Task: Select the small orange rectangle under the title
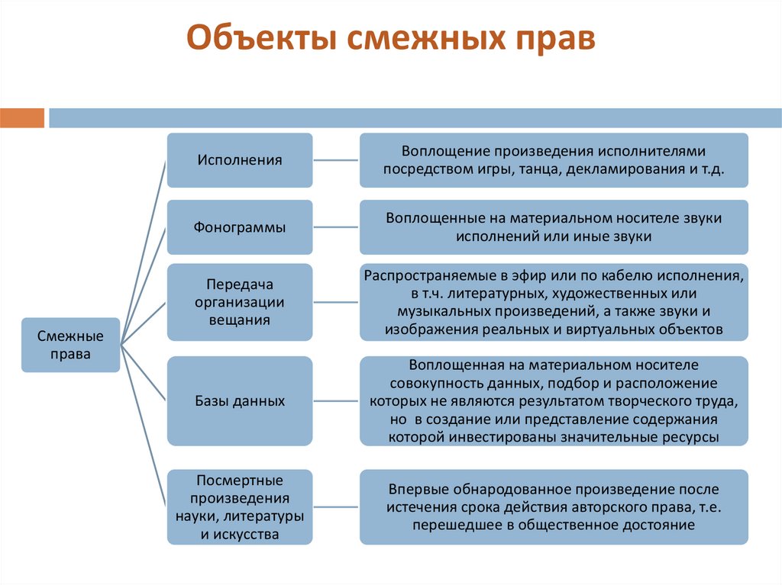[22, 118]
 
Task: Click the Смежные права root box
[70, 345]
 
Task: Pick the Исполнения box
[240, 160]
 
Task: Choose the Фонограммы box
[240, 227]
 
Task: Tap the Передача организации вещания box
[240, 302]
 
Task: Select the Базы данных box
[240, 400]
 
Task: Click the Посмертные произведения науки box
[240, 507]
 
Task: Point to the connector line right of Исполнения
[336, 160]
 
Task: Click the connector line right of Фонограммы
[336, 227]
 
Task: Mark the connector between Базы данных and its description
[336, 400]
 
